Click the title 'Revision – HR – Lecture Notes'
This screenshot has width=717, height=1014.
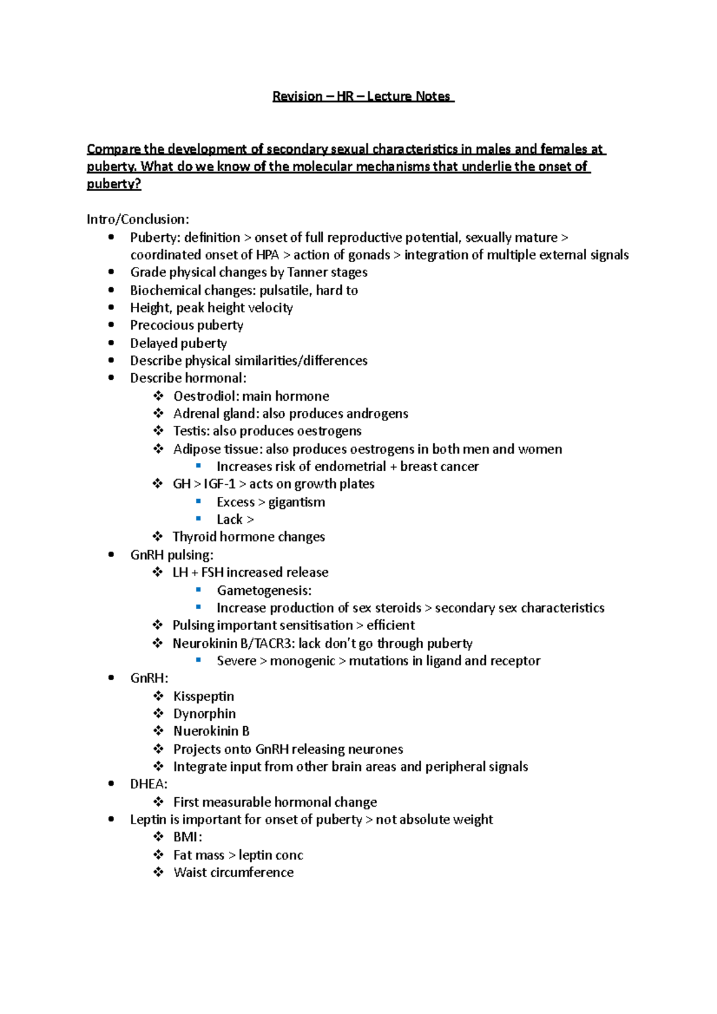[x=363, y=97]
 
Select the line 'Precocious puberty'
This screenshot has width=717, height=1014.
[x=186, y=325]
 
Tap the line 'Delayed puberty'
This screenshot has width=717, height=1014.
[x=178, y=343]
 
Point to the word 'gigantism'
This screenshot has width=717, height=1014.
[x=297, y=502]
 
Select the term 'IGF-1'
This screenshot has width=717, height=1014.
[x=219, y=484]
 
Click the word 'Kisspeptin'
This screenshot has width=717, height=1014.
[x=203, y=697]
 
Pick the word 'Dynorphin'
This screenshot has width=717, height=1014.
[x=204, y=714]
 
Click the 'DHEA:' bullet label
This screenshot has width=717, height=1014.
[x=148, y=784]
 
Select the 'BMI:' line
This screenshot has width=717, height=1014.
[x=187, y=837]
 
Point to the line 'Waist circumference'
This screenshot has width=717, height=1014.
[x=233, y=872]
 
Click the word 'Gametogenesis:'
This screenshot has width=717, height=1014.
[x=263, y=591]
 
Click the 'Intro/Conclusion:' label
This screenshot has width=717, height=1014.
[x=137, y=220]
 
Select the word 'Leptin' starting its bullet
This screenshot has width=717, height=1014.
[x=148, y=820]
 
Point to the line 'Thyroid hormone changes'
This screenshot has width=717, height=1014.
[x=249, y=537]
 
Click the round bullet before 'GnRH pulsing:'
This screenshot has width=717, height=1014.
[x=112, y=555]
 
